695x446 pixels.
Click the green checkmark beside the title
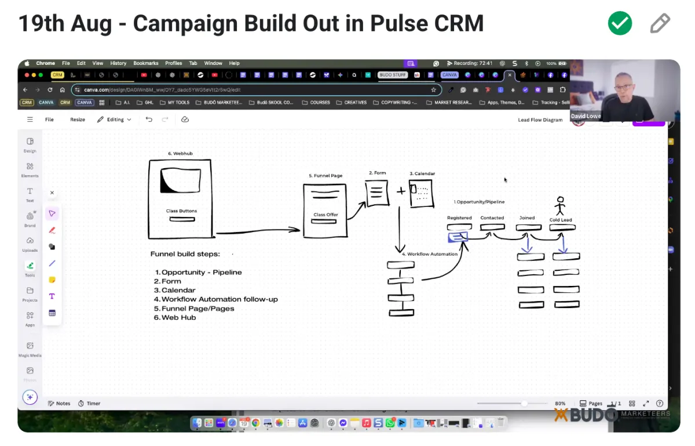coord(620,23)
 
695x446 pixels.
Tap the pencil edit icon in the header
coord(660,23)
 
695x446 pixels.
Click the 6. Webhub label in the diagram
coord(180,154)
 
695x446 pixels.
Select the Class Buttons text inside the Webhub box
coord(181,211)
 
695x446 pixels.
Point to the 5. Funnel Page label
coord(325,176)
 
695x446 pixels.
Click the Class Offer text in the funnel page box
coord(325,215)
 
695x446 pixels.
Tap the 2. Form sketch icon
coord(377,193)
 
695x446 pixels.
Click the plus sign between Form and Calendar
coord(401,191)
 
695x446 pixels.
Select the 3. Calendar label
coord(422,173)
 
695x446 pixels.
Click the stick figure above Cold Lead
coord(559,205)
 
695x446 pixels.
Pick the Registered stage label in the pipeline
coord(459,218)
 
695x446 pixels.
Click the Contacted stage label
coord(492,218)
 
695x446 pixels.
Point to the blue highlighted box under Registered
coord(458,237)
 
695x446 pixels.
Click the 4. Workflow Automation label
coord(429,254)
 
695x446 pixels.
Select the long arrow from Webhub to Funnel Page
coord(258,232)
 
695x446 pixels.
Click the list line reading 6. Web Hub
coord(175,318)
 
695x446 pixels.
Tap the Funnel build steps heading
coord(185,254)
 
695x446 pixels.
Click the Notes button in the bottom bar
coord(59,404)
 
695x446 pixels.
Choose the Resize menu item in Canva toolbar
coord(78,119)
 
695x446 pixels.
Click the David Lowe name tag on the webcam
coord(586,117)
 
